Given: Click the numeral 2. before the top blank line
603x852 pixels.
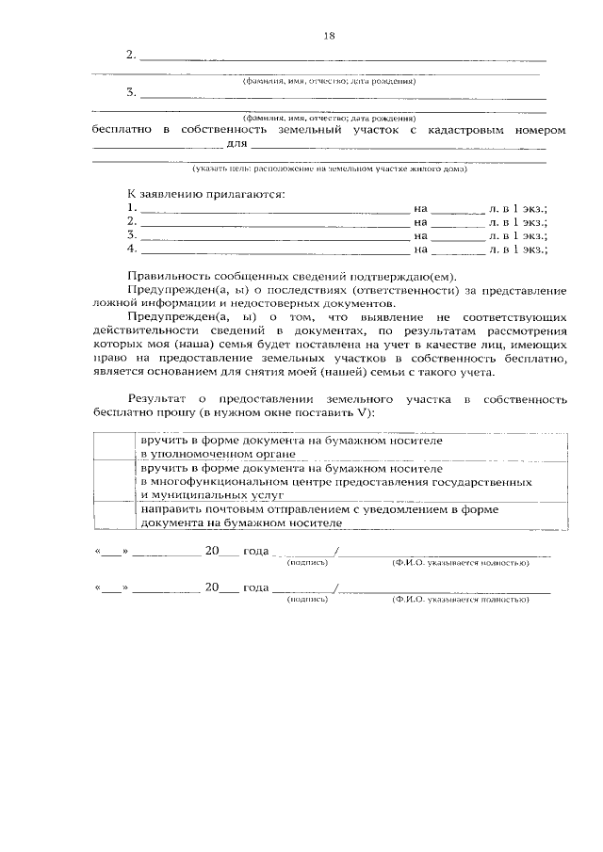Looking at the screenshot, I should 131,56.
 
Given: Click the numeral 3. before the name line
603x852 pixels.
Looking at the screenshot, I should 131,93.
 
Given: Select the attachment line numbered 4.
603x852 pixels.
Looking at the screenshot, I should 273,250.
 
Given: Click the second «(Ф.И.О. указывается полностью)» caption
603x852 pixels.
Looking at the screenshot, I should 460,599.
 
